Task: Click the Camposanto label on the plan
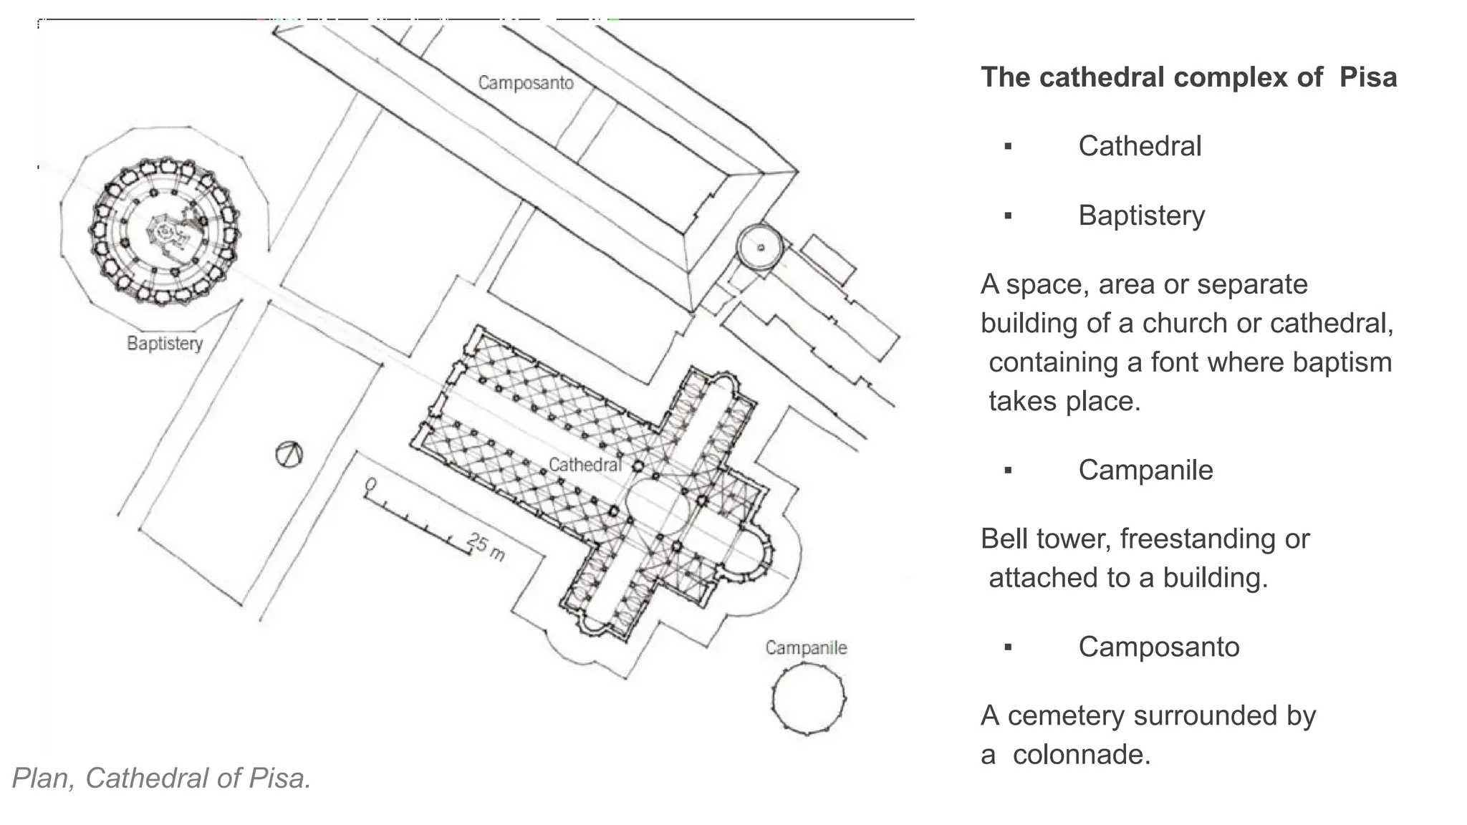coord(526,83)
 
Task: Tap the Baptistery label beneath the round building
coord(165,344)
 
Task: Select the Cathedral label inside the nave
coord(585,465)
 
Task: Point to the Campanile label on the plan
coord(806,648)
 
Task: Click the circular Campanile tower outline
coord(809,698)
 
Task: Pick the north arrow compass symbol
coord(289,454)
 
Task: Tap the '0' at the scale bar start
coord(370,486)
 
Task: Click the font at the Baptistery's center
coord(165,231)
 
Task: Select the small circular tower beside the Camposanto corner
coord(760,247)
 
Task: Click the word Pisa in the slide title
coord(1367,77)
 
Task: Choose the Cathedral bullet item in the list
coord(1139,146)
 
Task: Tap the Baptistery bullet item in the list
coord(1141,216)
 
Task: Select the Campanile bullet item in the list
coord(1145,471)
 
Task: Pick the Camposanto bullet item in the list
coord(1158,647)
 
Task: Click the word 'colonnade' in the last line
coord(1081,754)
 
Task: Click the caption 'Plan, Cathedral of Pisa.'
coord(162,778)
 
